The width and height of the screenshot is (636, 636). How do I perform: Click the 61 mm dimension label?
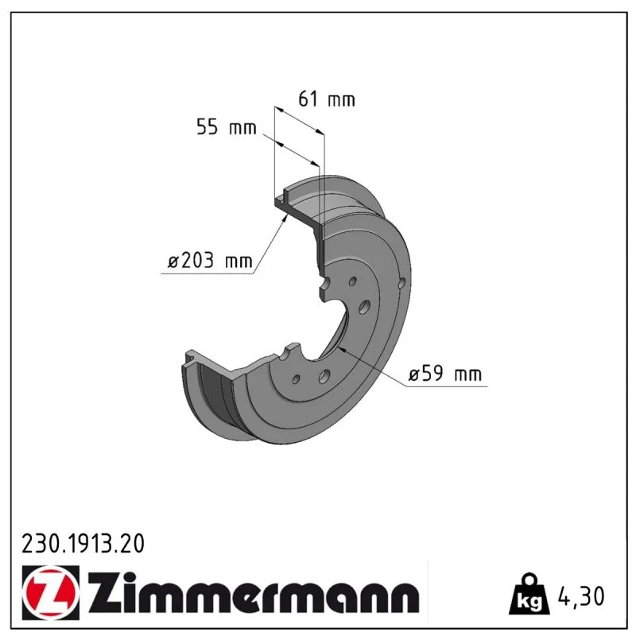[x=327, y=99]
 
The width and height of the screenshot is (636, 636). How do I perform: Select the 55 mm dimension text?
[x=227, y=127]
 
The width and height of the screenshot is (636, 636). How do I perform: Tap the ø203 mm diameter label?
[x=210, y=261]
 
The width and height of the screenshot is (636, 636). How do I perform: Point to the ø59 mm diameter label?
[x=445, y=374]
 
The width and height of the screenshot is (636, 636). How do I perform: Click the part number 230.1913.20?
[x=83, y=544]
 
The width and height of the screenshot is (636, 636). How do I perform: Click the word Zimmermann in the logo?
[x=254, y=592]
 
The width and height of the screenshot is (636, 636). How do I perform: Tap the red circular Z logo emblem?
[x=51, y=592]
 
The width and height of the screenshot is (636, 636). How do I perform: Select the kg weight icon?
[x=530, y=594]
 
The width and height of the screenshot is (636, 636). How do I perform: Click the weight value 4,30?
[x=581, y=595]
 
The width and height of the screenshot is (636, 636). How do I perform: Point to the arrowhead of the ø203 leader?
[x=285, y=219]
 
